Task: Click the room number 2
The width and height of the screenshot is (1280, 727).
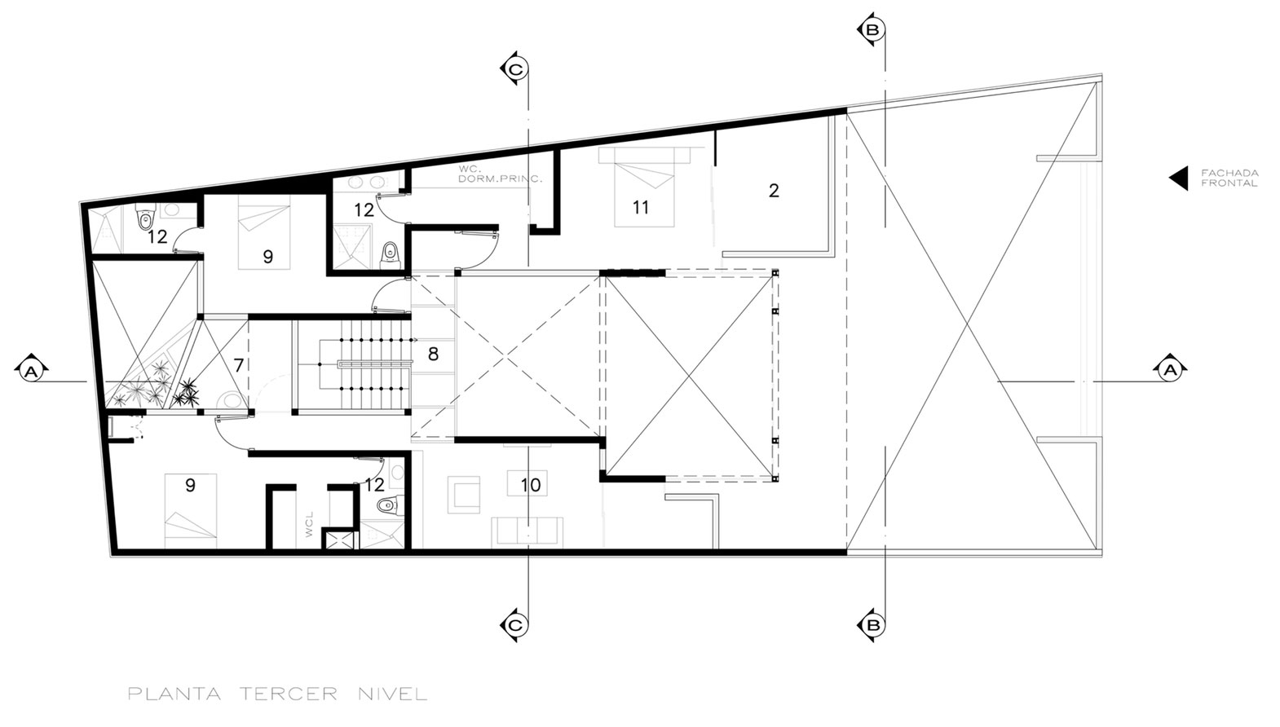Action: point(774,191)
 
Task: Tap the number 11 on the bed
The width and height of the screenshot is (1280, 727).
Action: point(641,207)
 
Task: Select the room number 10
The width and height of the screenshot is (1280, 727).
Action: point(531,485)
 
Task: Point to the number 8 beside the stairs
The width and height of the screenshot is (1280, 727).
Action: point(433,354)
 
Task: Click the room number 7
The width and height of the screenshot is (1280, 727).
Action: point(239,365)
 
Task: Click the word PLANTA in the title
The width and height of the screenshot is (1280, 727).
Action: point(174,694)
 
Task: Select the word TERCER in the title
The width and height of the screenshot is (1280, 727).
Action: point(289,694)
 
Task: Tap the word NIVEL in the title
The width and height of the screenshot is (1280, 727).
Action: point(393,694)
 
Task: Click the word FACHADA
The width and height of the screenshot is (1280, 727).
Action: point(1229,173)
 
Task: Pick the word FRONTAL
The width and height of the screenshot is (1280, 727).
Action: point(1229,183)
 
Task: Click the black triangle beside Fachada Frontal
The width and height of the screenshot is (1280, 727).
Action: point(1179,178)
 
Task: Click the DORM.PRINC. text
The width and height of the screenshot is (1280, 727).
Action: point(501,178)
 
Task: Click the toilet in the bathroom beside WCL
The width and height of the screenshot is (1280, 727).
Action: point(388,504)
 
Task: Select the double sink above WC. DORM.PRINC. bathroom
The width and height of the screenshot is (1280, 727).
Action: point(367,183)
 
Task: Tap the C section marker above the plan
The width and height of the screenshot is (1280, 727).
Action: point(514,69)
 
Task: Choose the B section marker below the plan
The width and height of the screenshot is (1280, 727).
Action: point(872,625)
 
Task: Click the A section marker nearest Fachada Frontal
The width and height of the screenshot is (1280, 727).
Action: point(1170,370)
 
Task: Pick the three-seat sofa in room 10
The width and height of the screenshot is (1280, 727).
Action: point(527,531)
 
